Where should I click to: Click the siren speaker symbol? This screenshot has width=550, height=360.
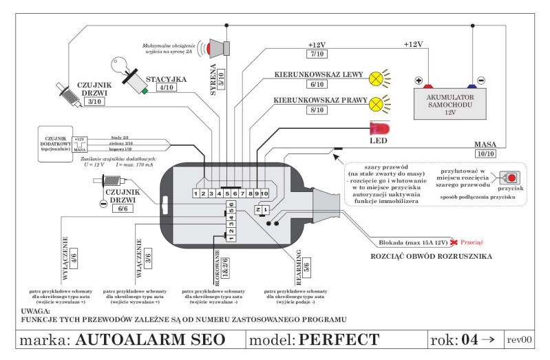(x=220, y=46)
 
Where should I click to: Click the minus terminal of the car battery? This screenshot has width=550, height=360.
(x=480, y=80)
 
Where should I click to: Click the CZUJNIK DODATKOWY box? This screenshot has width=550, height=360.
(x=50, y=145)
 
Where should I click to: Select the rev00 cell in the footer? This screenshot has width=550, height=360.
(x=521, y=340)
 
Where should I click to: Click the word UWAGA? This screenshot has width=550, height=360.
(x=36, y=310)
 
